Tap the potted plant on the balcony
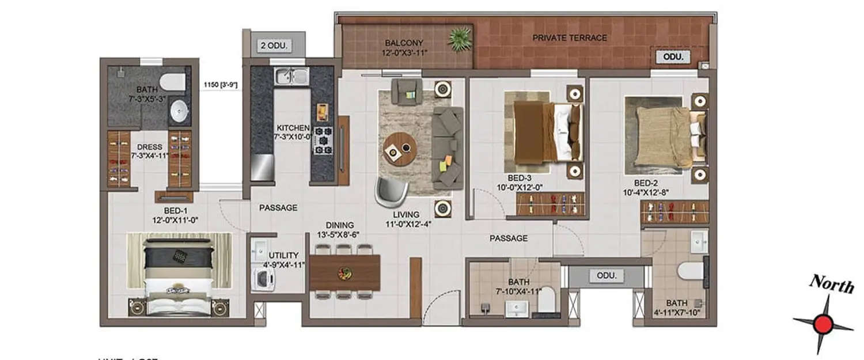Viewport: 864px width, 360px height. [461, 39]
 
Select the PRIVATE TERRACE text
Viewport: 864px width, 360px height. [569, 38]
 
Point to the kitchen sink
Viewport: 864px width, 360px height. [291, 76]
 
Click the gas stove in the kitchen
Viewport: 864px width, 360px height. [323, 139]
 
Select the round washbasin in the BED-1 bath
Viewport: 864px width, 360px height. [180, 109]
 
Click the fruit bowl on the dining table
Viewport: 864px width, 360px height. [345, 272]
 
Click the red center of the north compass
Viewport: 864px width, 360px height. [823, 324]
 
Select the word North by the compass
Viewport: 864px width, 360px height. [831, 284]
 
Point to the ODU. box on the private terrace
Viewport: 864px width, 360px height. [673, 57]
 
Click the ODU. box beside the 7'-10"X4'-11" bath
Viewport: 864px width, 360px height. [606, 276]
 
